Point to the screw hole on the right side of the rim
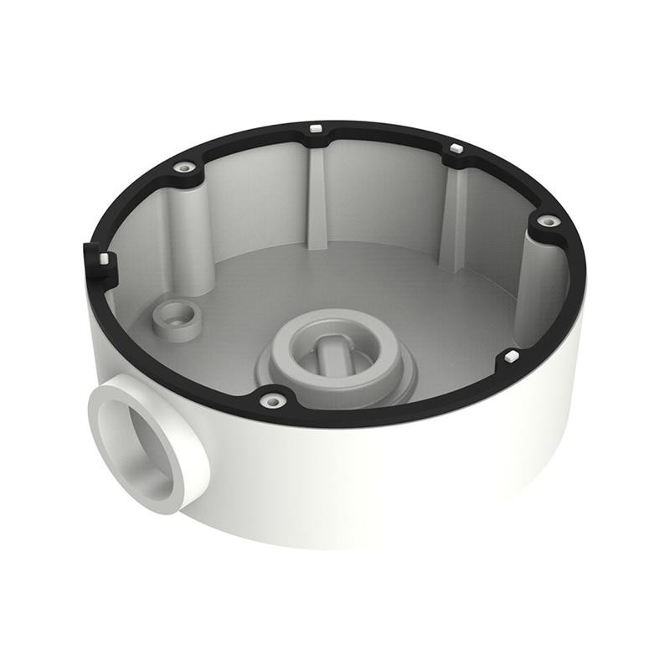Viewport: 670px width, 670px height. pos(549,222)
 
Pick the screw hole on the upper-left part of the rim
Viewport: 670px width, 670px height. pos(184,167)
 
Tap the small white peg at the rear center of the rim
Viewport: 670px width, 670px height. pos(316,128)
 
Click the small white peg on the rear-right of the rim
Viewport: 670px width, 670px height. pos(456,148)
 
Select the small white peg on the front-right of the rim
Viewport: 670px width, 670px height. pos(508,358)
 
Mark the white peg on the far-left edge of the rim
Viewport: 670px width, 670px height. pos(102,260)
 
